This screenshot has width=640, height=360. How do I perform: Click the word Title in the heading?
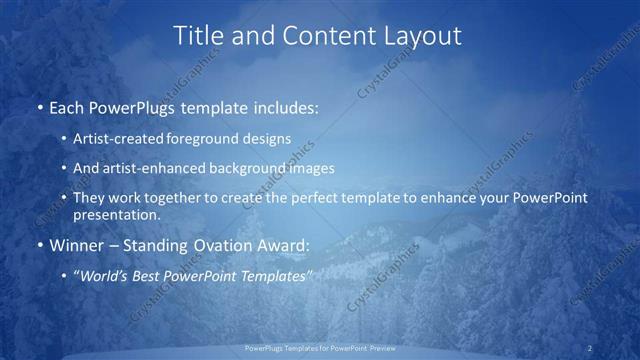pos(199,36)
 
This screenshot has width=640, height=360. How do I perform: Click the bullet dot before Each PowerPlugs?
pos(39,107)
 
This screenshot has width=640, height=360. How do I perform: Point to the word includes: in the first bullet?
pos(286,107)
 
